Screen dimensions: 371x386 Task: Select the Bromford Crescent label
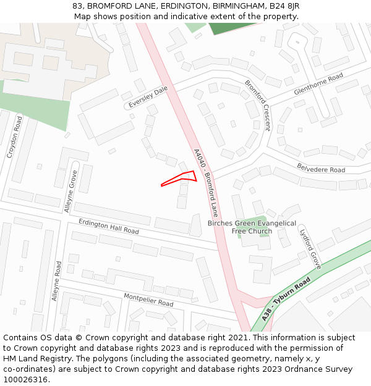257,105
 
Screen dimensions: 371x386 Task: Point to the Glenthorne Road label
318,83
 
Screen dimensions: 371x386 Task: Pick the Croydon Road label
14,137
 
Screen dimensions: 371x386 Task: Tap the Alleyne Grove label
71,191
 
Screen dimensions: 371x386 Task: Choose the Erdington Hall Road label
109,227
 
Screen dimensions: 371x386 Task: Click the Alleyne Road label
57,281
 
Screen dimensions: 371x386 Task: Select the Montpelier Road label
148,300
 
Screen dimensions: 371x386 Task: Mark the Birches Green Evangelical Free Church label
252,227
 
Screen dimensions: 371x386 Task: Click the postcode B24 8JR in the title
282,6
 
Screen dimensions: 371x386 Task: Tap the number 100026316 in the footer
26,379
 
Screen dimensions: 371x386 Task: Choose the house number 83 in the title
77,6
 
